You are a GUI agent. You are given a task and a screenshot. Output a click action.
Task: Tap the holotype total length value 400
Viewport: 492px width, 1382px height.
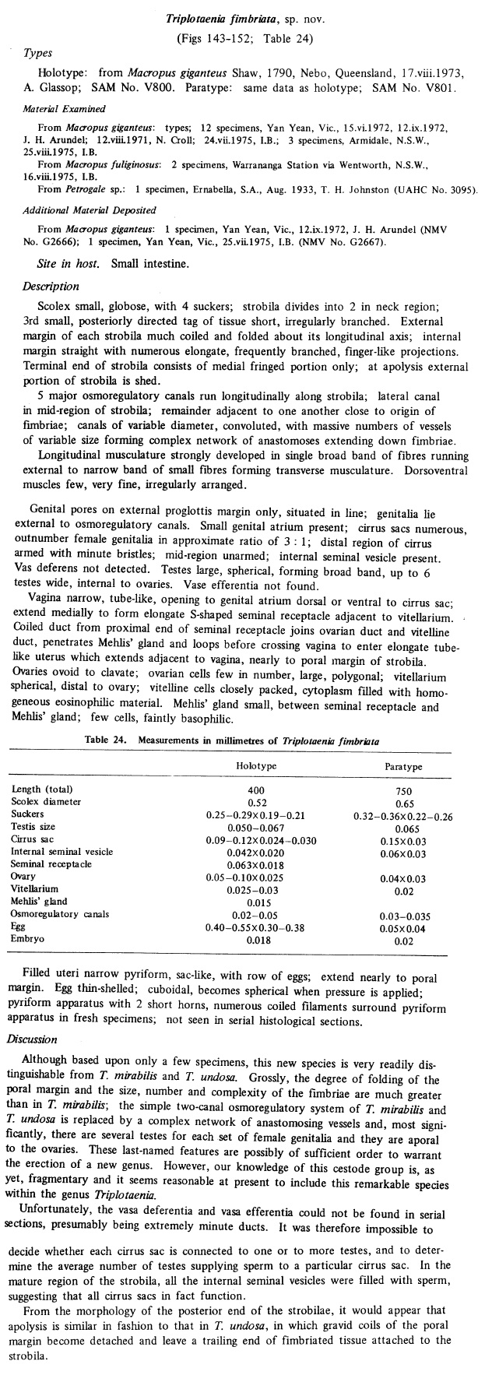coord(256,789)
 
